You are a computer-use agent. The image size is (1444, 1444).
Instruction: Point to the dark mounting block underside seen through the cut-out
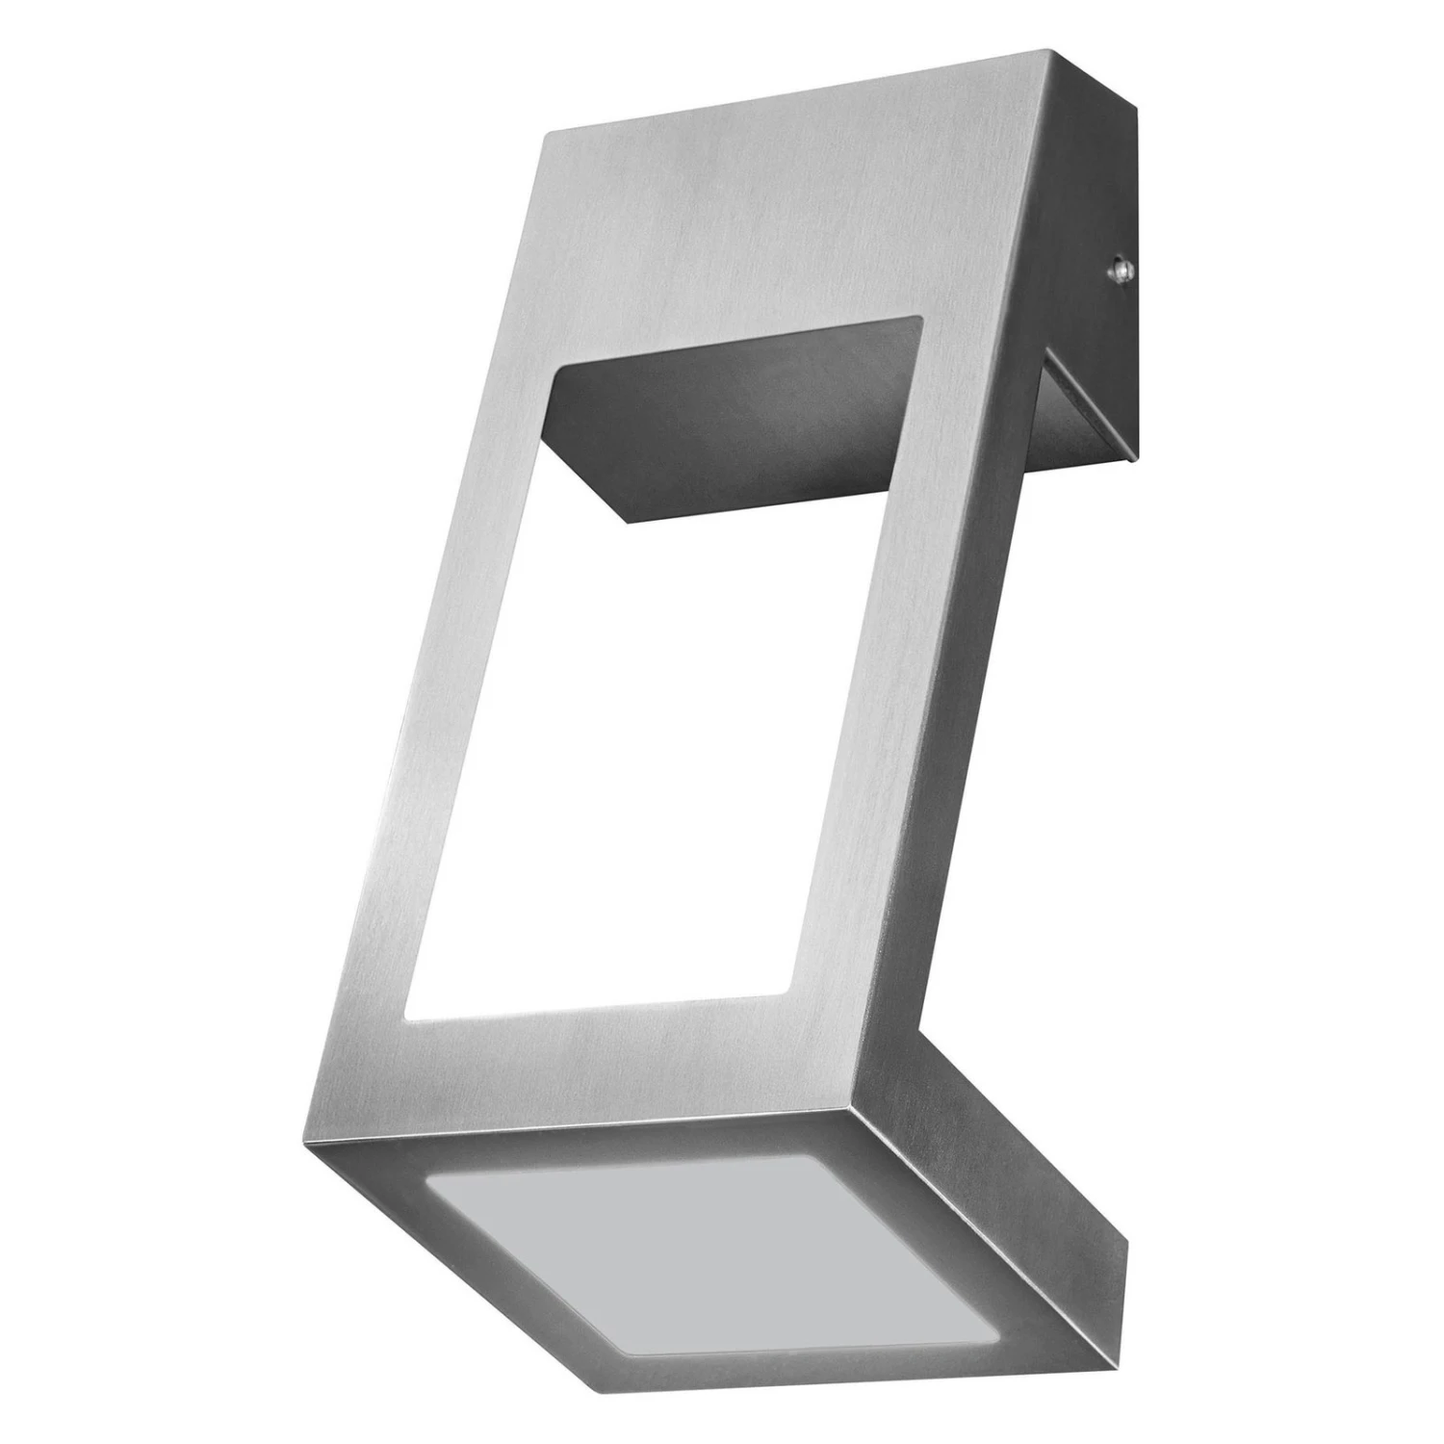coord(732,424)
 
